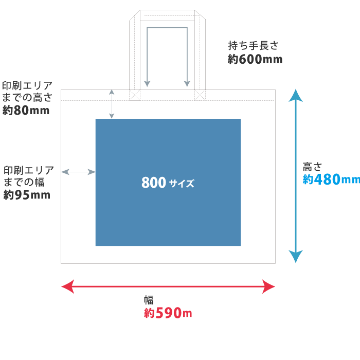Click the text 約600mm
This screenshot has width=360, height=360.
click(255, 59)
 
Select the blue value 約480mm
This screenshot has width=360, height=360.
click(331, 179)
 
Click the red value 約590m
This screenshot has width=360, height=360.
click(168, 313)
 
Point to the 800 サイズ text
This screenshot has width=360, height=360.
click(168, 183)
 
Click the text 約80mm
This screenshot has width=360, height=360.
click(26, 110)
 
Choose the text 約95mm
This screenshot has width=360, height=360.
click(27, 195)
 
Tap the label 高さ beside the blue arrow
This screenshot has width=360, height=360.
click(312, 167)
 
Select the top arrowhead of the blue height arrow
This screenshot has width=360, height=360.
click(295, 95)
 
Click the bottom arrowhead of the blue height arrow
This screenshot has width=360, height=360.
click(295, 257)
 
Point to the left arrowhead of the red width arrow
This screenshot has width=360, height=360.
click(67, 286)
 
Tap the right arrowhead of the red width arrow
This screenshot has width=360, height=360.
click(269, 286)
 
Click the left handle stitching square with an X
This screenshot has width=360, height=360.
click(135, 95)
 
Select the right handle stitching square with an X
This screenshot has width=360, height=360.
click(200, 95)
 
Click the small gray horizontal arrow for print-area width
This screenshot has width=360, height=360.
click(78, 172)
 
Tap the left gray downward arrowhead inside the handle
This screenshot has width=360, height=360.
click(147, 84)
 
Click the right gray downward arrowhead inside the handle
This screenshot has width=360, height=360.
click(188, 84)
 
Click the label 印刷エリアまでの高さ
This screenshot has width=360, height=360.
click(27, 91)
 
